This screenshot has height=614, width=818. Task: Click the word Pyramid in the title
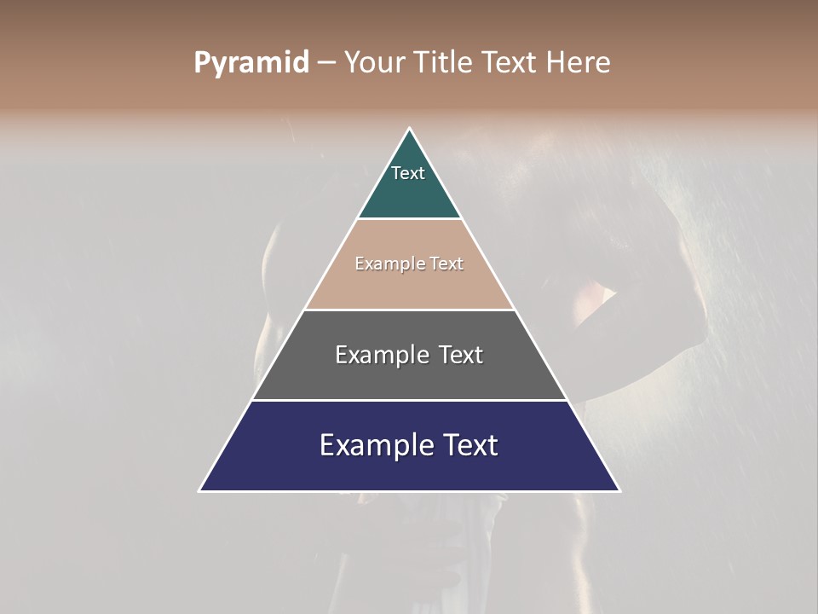click(x=251, y=63)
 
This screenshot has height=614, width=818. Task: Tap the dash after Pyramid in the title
click(x=326, y=63)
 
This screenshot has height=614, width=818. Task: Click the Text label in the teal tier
click(x=408, y=173)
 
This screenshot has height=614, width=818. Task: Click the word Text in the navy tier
click(x=469, y=445)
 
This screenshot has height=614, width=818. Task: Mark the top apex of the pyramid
click(x=410, y=129)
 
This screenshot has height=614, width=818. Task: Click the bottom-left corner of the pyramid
click(x=200, y=490)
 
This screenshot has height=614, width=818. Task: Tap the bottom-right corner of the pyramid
click(x=619, y=490)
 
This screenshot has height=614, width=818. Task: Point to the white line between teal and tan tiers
click(x=410, y=219)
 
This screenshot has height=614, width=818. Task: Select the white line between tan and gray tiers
click(x=410, y=310)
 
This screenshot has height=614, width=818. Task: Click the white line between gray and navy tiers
click(x=410, y=400)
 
